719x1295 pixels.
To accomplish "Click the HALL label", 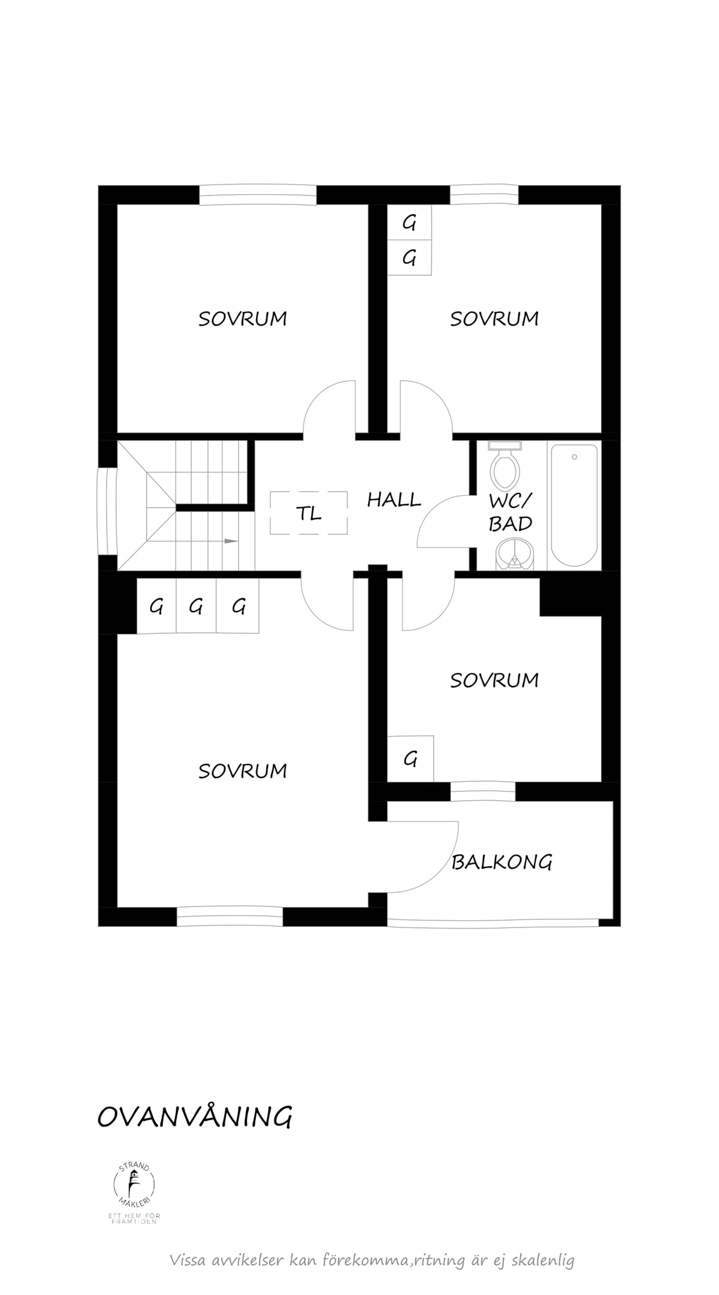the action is coord(394,499).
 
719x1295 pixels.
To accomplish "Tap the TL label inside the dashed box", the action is coord(309,513).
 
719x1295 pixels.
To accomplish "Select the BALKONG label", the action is coord(502,862).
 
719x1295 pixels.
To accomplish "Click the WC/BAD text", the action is coord(510,513).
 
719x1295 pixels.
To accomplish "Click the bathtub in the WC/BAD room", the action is coord(574,505).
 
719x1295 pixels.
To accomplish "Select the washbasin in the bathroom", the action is coord(513,553).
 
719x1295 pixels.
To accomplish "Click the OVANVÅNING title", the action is coord(195,1117).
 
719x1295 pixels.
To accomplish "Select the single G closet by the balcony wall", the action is coord(410,759).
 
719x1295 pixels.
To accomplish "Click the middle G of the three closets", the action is coord(196,607).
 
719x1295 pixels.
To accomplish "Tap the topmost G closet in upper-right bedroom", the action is coord(409,223).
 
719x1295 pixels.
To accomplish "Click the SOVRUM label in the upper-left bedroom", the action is coord(243,319).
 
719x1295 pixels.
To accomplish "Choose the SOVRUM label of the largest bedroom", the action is coord(243,771).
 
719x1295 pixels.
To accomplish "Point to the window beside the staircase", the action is coord(107,511).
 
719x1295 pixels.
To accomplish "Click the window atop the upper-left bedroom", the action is coord(258,195).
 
